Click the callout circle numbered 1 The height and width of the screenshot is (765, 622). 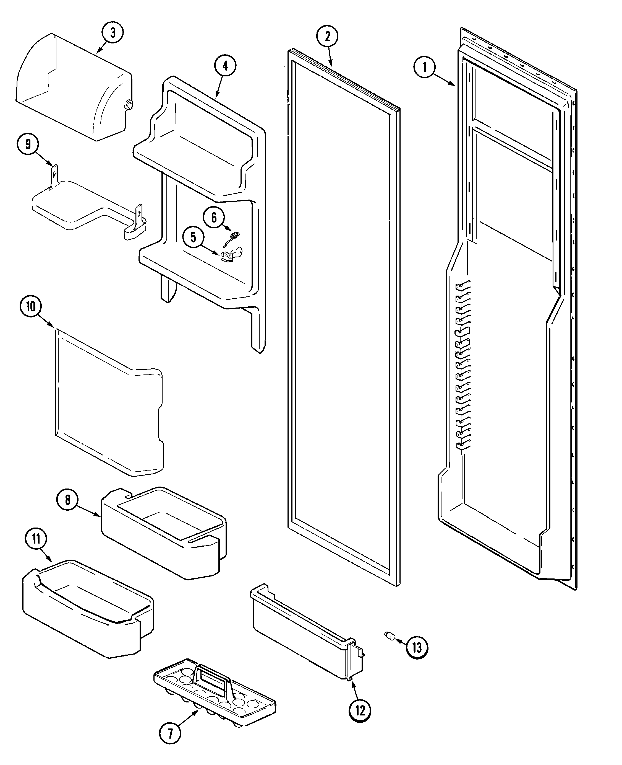coord(424,67)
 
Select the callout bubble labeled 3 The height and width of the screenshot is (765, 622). coord(113,33)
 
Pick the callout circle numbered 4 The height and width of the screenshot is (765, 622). coord(225,66)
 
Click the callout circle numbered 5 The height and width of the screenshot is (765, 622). coord(193,237)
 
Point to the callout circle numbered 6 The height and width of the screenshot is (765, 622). coord(214,217)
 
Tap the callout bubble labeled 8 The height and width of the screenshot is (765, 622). coord(68,500)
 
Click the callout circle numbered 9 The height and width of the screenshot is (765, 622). coord(28,144)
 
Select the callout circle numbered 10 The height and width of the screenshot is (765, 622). coord(31,306)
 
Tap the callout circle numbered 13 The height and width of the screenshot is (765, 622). coord(417,648)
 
